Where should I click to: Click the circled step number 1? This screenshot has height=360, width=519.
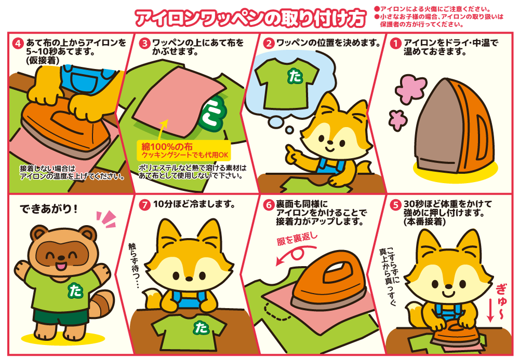[395, 44]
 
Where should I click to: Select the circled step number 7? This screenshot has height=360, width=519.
[144, 205]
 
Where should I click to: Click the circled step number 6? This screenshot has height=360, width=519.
[268, 205]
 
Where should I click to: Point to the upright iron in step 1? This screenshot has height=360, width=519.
[454, 126]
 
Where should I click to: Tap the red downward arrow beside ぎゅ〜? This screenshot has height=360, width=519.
[490, 311]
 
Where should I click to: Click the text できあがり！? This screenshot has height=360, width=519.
[49, 209]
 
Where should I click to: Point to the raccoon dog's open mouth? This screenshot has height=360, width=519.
[61, 266]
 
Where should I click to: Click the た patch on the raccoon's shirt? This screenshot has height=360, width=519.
[75, 290]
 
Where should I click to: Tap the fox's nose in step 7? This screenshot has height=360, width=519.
[189, 279]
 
